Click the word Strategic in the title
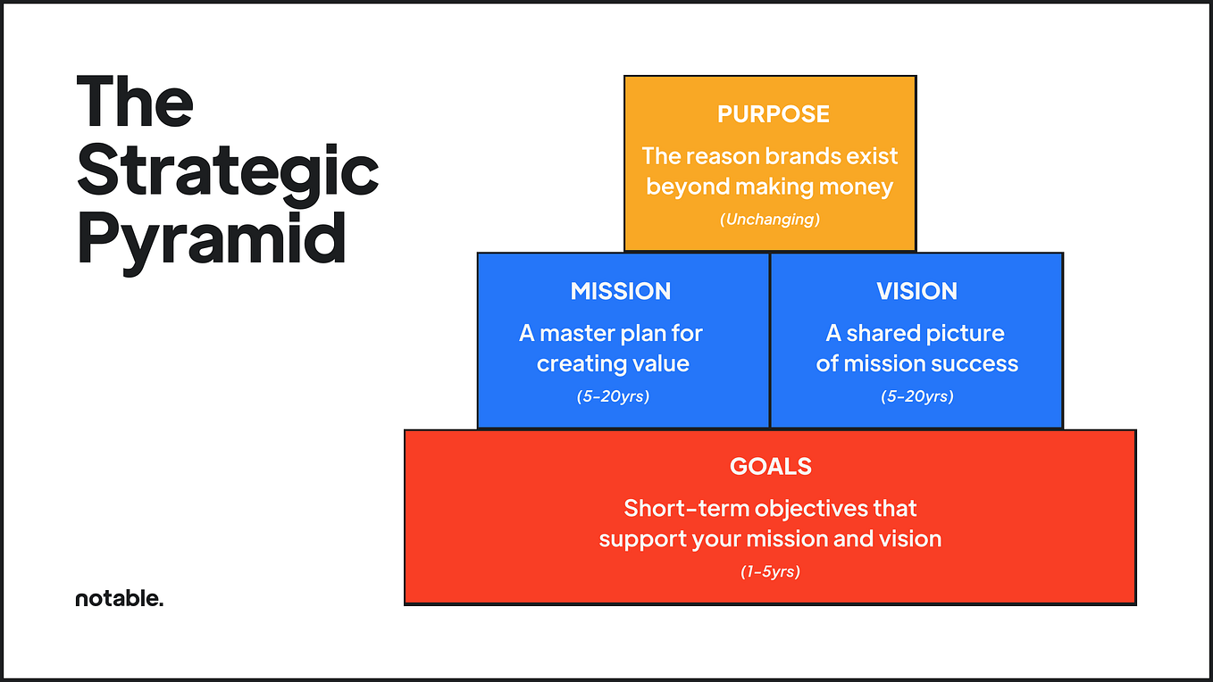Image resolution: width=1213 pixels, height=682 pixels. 228,171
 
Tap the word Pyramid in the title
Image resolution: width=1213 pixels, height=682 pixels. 212,238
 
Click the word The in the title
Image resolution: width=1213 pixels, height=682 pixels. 134,102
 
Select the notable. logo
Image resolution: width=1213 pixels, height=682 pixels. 120,599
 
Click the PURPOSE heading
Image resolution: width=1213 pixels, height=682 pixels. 773,114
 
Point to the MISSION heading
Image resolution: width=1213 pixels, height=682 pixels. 620,291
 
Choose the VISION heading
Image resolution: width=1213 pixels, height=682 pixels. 916,291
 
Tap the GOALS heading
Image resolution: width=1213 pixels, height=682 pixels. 770,466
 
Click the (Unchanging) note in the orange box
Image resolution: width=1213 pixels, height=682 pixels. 770,219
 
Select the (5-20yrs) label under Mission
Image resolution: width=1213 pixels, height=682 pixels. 613,395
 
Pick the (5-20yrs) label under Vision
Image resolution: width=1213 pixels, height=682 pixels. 916,395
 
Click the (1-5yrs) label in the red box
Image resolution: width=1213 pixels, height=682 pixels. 770,571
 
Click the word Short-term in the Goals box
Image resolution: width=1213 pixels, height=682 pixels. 686,508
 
